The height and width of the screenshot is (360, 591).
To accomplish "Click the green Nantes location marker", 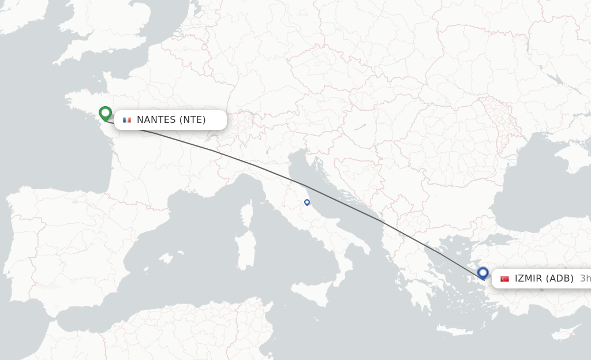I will pos(105,113).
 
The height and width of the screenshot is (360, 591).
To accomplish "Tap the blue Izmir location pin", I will pos(483,273).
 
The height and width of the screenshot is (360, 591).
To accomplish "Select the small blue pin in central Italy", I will pos(307,202).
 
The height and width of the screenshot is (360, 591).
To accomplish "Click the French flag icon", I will pos(127,120).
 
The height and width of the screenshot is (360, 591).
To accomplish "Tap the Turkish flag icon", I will pos(504,279).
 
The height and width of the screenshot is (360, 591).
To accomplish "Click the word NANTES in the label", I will pos(156,120).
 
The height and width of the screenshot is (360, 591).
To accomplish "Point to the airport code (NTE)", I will pos(192,120).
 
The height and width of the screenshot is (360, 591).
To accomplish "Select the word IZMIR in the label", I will pos(528,279).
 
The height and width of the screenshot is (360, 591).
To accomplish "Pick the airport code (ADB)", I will pos(559,279).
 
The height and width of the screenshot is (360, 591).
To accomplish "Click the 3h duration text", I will pos(585,279).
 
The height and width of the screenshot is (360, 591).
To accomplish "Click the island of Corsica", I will pos(247,213).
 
